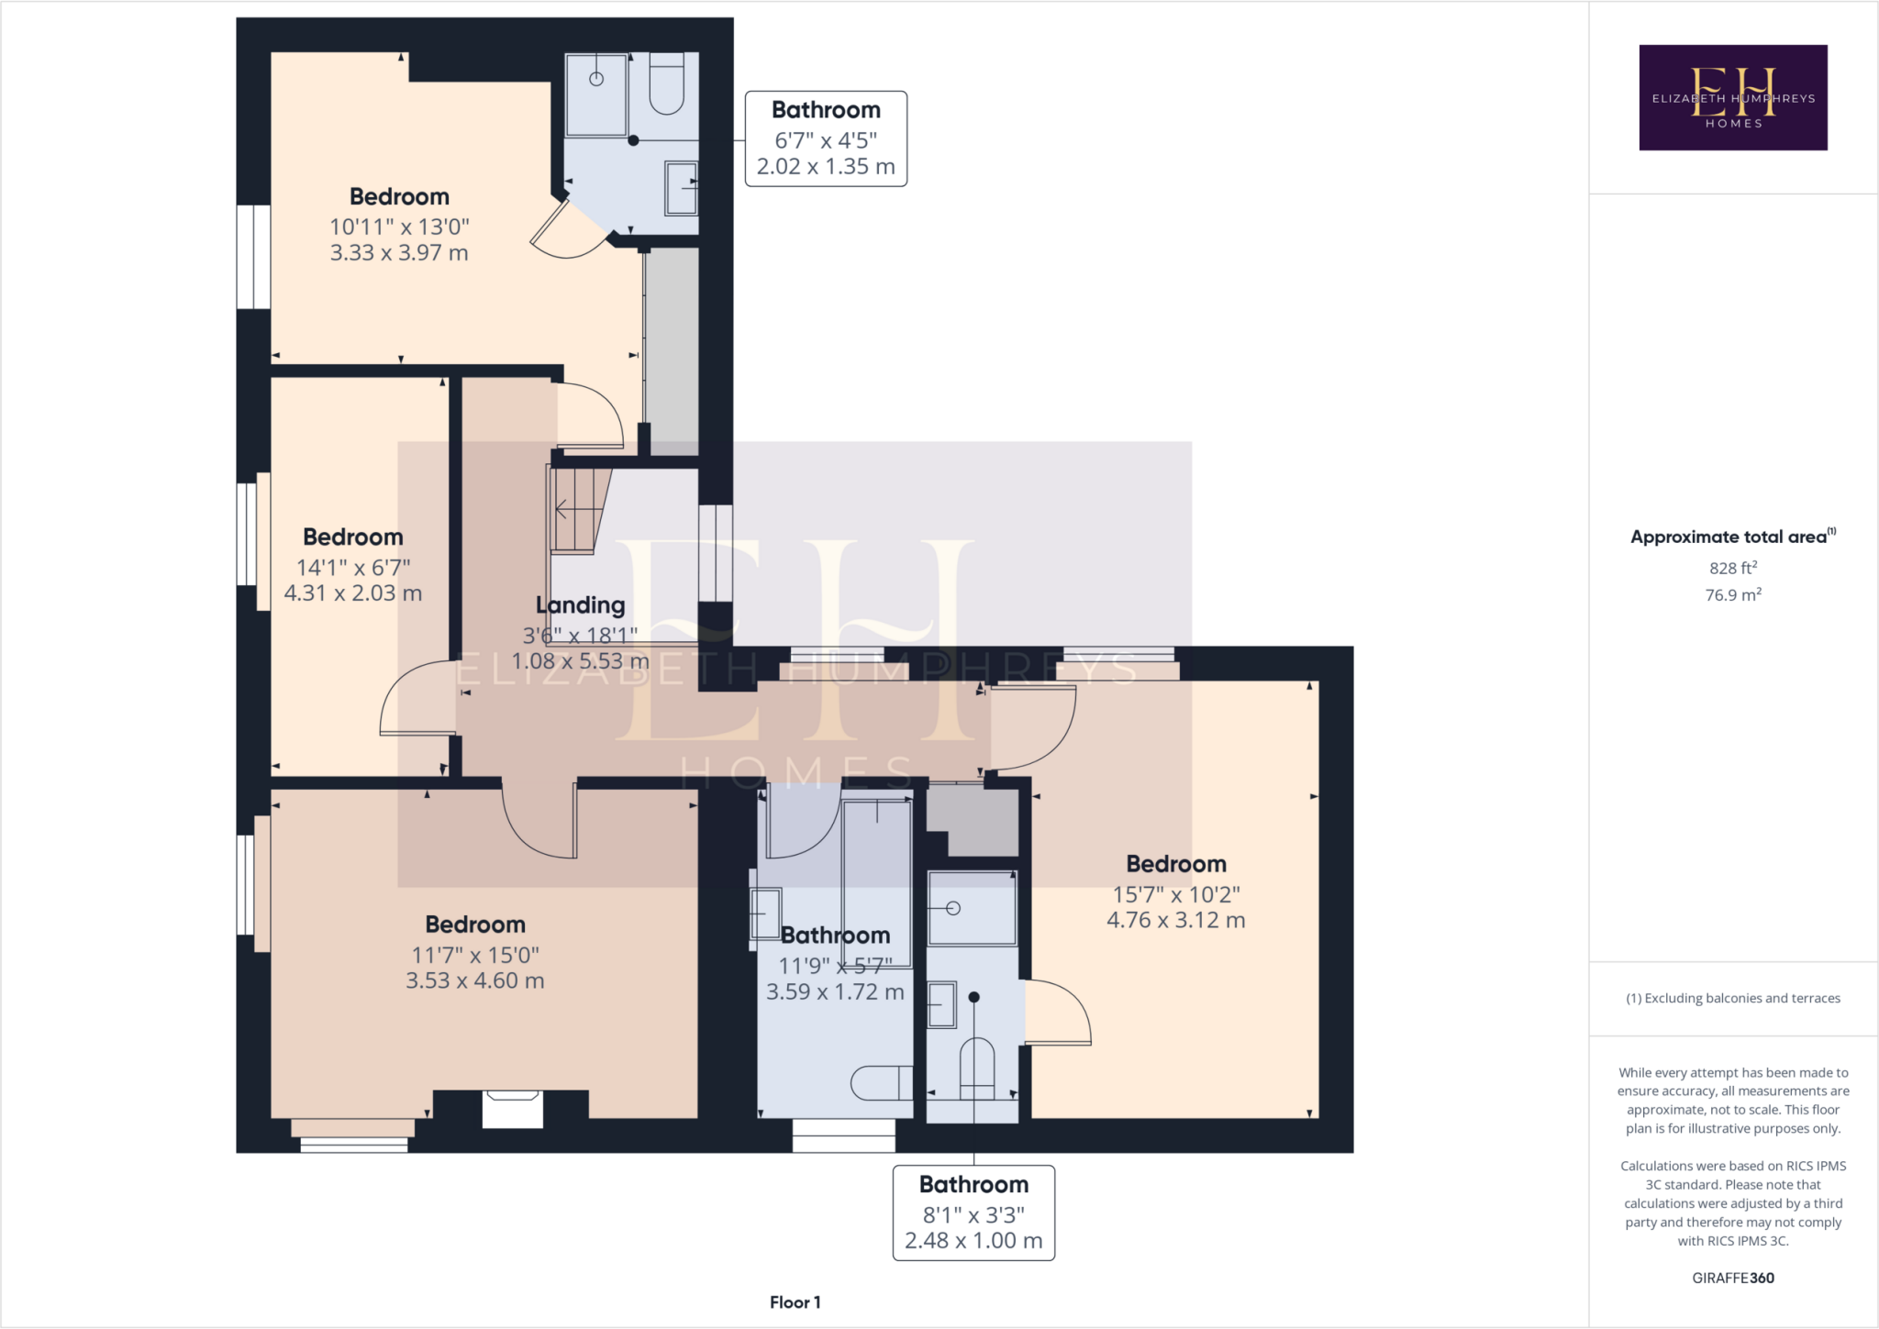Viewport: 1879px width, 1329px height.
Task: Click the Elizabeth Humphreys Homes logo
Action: tap(1732, 97)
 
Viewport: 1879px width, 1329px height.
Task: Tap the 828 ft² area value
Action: tap(1732, 568)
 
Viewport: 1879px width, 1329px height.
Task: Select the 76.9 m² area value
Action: tap(1732, 595)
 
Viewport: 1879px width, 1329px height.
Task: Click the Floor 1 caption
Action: tap(795, 1302)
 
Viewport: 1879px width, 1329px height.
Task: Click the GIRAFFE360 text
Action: tap(1732, 1278)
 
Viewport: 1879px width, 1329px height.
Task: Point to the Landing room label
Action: tap(580, 605)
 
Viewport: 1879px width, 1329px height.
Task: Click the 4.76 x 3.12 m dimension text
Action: tap(1175, 920)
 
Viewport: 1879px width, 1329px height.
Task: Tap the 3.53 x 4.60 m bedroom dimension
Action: tap(474, 980)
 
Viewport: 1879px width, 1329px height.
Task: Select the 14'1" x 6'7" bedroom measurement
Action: tap(353, 568)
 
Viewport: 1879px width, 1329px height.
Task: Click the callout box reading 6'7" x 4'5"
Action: tap(826, 138)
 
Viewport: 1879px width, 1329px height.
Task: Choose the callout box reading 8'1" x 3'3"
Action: tap(973, 1213)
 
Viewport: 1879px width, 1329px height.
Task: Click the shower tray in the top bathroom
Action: tap(596, 94)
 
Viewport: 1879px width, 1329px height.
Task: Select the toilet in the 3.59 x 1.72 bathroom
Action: tap(881, 1083)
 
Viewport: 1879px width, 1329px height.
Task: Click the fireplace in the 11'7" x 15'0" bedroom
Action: tap(513, 1108)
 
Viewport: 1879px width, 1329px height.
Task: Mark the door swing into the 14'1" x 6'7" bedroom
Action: tap(417, 702)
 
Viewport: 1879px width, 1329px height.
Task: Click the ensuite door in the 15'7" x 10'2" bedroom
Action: tap(1057, 1013)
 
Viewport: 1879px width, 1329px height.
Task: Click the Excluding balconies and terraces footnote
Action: tap(1732, 998)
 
